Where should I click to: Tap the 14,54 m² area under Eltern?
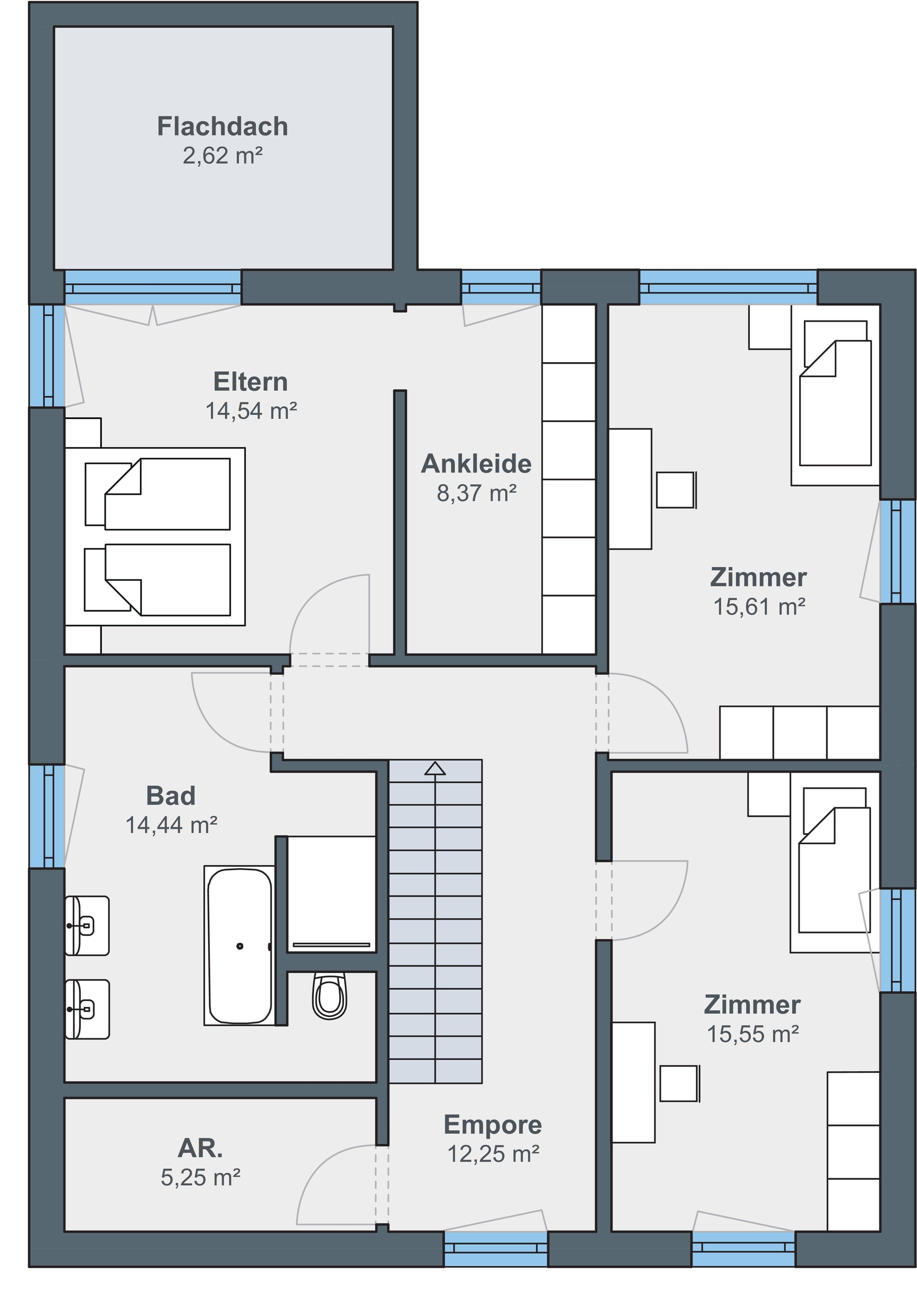[251, 411]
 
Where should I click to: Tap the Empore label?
[493, 1124]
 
